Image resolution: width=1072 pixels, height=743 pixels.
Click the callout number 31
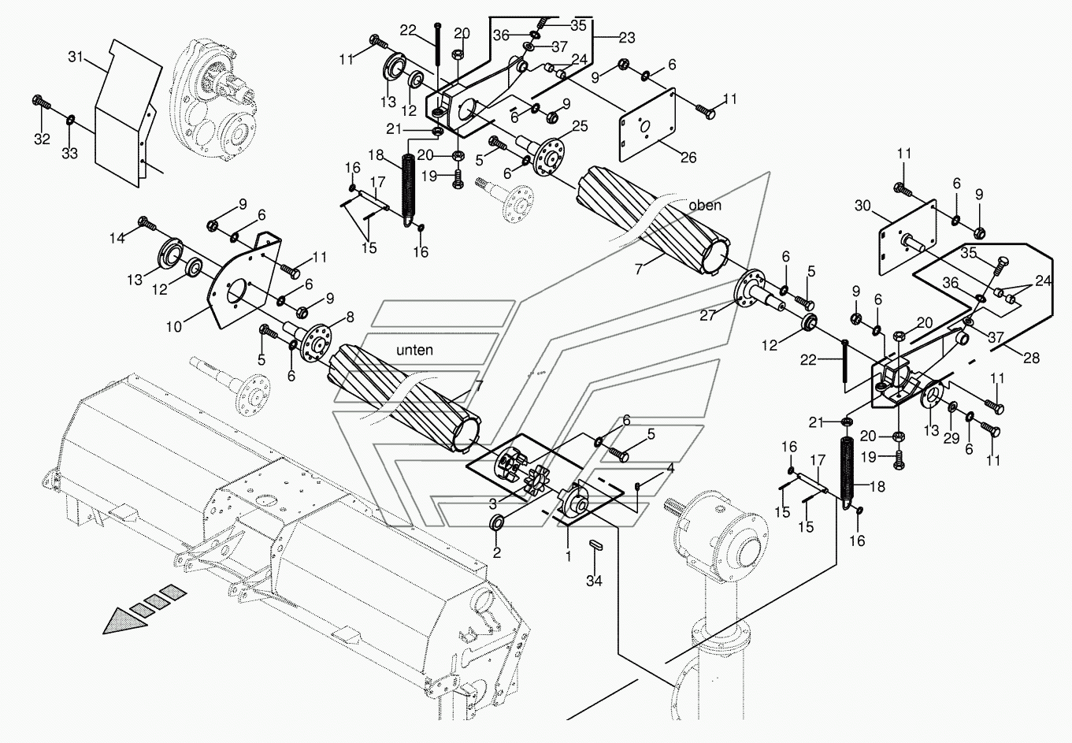click(75, 57)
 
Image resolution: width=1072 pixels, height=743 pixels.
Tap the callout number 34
click(594, 581)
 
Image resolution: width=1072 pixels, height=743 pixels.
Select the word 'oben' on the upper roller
click(704, 206)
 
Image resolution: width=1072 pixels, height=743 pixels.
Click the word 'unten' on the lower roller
click(415, 350)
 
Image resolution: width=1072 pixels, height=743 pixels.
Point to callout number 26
click(688, 158)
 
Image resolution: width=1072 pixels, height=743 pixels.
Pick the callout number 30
click(862, 206)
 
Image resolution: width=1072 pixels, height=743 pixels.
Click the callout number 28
click(1031, 358)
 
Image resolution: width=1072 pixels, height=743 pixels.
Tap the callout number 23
click(627, 37)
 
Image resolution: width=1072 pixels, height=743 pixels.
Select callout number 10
click(175, 325)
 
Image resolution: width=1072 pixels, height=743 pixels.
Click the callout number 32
click(42, 139)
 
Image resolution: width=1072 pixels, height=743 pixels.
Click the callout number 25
click(580, 126)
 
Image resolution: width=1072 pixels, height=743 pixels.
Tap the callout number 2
click(497, 552)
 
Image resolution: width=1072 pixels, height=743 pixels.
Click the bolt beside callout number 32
click(41, 102)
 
